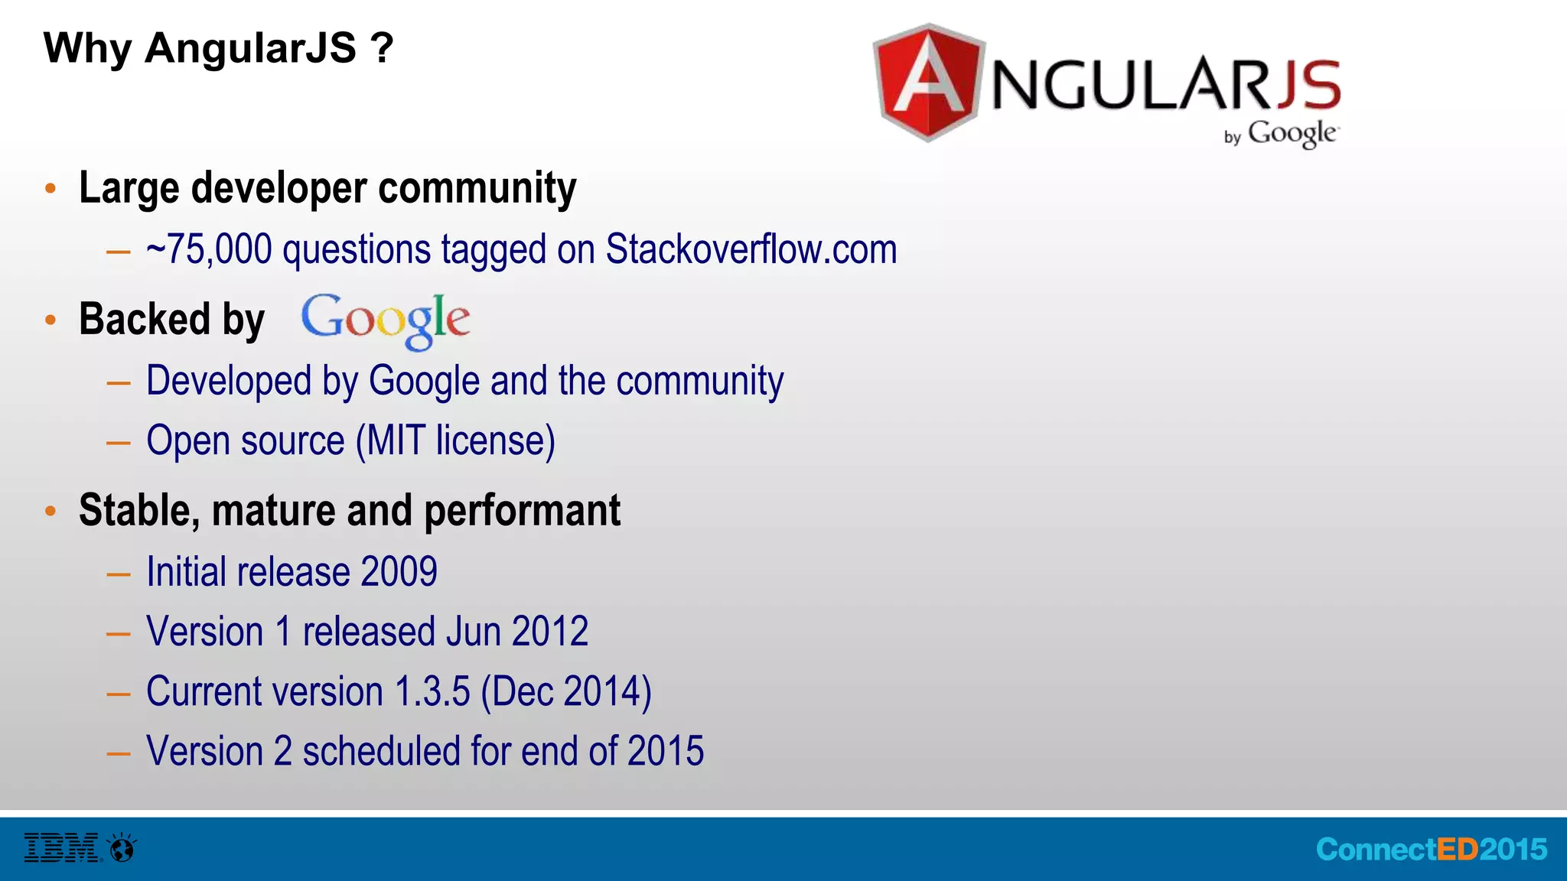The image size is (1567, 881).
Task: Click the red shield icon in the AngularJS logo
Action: (928, 83)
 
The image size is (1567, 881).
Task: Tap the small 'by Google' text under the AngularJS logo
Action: (1281, 134)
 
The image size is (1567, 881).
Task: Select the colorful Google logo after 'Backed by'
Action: (386, 320)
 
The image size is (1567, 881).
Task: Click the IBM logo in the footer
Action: (62, 848)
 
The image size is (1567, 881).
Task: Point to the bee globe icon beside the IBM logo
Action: (122, 848)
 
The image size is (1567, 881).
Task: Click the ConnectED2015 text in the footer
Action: (1431, 850)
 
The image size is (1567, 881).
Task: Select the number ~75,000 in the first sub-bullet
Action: (209, 250)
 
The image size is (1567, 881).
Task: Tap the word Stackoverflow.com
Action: (751, 250)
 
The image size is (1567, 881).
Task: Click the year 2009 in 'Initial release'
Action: (399, 572)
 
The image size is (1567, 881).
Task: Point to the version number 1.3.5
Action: (432, 691)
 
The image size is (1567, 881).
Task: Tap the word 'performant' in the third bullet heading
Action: (522, 511)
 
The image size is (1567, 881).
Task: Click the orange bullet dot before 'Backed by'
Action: (50, 320)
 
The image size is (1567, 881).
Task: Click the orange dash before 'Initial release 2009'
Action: (119, 574)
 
